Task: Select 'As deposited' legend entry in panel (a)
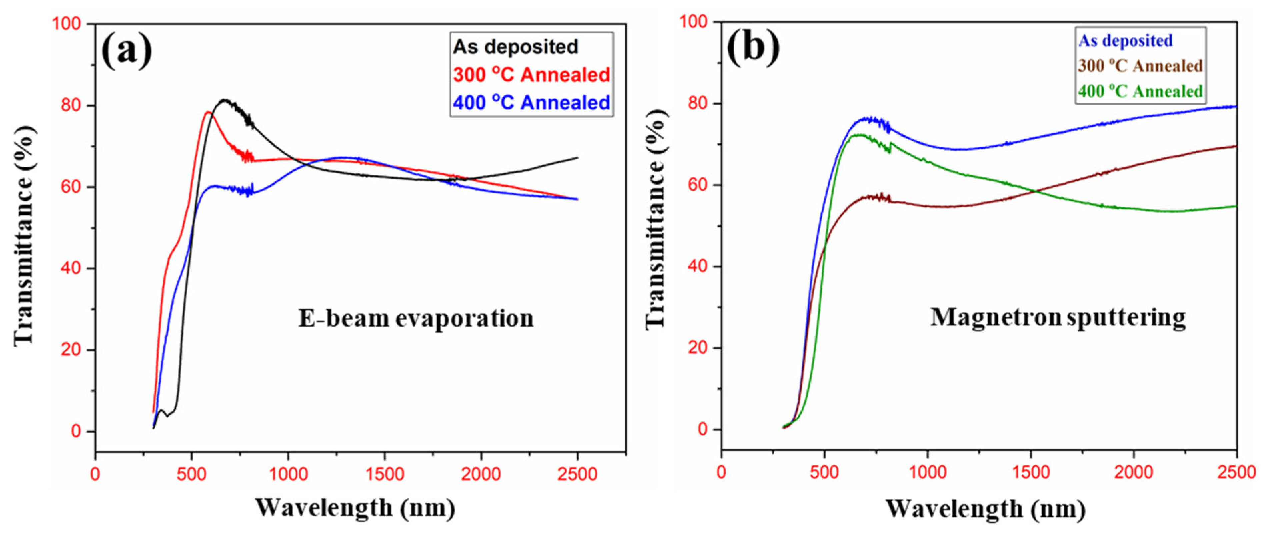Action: coord(516,47)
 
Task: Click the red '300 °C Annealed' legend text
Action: coord(532,75)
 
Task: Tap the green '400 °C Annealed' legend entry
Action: coord(1140,91)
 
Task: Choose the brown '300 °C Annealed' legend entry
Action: coord(1140,66)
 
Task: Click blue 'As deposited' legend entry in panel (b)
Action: coord(1125,41)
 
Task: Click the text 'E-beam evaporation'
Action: coord(416,319)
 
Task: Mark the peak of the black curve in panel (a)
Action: coord(224,100)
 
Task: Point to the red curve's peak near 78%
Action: coord(208,112)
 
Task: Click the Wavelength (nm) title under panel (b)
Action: coord(985,509)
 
